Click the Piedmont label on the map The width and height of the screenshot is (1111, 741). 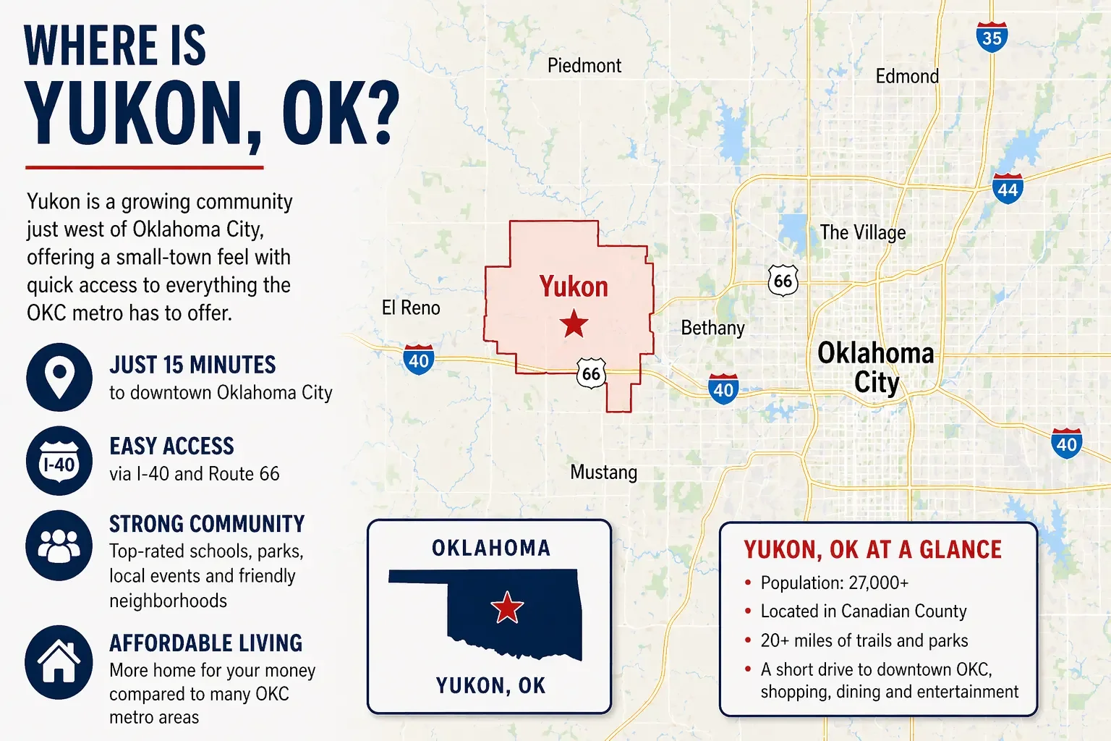[584, 66]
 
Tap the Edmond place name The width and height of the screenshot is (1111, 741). [907, 76]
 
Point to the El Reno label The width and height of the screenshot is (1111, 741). [411, 308]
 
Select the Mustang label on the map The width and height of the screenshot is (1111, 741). [603, 473]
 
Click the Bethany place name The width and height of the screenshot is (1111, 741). [712, 328]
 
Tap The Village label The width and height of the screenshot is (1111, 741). [862, 232]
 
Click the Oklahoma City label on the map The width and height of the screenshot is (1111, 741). [876, 368]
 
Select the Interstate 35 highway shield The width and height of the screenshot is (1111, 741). [992, 37]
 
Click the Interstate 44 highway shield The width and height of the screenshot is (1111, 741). [1008, 189]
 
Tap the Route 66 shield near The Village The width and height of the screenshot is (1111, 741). [783, 281]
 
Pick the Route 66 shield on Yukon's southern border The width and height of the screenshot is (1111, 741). [591, 373]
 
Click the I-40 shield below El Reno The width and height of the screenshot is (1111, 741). [419, 360]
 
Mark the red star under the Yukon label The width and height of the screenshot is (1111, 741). [574, 323]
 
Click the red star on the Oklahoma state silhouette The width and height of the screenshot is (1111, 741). [507, 607]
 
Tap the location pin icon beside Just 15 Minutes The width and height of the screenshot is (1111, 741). [59, 377]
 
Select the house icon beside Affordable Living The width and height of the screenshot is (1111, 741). [59, 662]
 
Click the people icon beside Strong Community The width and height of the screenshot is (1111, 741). [59, 545]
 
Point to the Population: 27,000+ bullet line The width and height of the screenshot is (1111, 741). [834, 583]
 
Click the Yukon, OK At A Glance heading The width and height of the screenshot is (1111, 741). [872, 550]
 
